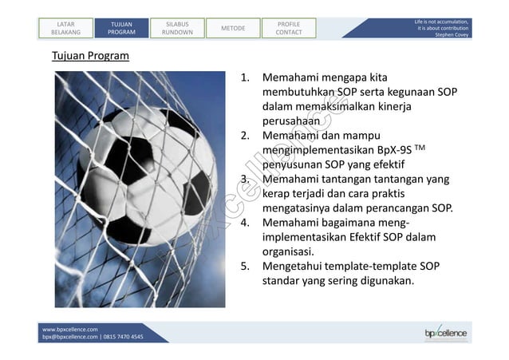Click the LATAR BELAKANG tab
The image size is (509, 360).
66,29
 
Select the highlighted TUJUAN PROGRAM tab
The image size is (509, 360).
122,29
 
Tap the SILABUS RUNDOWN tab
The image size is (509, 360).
177,29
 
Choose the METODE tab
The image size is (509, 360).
232,29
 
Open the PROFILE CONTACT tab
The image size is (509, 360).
288,29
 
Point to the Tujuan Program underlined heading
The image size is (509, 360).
90,57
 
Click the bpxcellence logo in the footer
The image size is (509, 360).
445,333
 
